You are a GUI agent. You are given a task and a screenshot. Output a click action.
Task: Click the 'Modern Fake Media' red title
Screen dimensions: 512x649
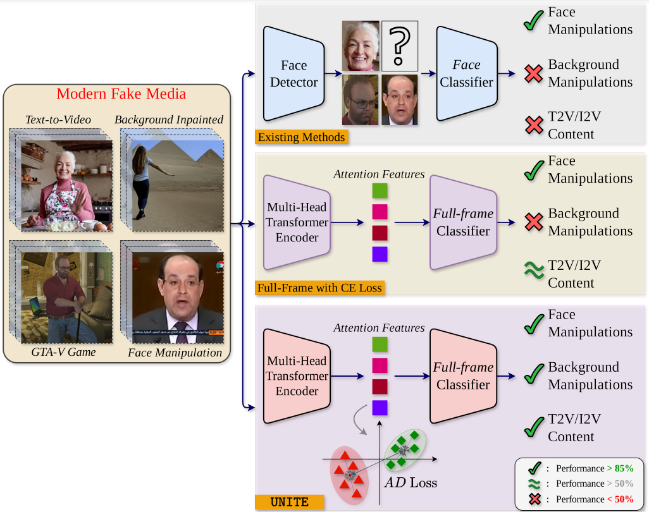(x=121, y=94)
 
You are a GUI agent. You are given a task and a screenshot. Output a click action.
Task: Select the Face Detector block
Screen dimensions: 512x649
(x=294, y=73)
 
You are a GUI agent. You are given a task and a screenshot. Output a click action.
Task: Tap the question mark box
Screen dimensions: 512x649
(x=399, y=46)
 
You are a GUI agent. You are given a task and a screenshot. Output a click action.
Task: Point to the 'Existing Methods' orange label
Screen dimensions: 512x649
(x=301, y=137)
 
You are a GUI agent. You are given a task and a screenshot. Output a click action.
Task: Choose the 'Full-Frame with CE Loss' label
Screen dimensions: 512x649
(x=319, y=288)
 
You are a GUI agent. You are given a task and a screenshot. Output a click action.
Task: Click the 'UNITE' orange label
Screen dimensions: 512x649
(x=289, y=503)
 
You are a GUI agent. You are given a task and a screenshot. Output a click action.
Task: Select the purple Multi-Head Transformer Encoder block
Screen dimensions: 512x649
(x=297, y=222)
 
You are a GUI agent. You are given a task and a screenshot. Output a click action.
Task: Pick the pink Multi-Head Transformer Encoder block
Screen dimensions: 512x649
(x=297, y=376)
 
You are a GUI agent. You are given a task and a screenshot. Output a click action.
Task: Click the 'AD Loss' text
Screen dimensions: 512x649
(x=411, y=483)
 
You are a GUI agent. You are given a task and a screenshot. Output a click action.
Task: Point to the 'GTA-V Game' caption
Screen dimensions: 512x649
(x=63, y=351)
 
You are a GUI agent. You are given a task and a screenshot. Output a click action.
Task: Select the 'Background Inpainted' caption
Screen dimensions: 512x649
(x=169, y=120)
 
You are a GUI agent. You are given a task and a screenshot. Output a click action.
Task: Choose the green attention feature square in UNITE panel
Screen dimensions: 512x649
(x=380, y=344)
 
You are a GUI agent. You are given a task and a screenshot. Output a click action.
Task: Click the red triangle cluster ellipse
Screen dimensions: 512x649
(x=347, y=474)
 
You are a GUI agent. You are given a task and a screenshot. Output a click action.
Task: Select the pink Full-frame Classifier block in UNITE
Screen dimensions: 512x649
(x=463, y=376)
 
